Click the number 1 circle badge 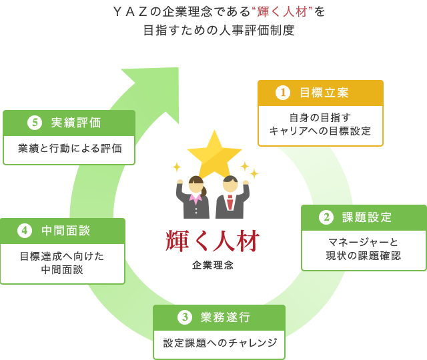click(x=283, y=93)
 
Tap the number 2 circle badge click(x=326, y=217)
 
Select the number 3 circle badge click(x=185, y=317)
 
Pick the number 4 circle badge click(x=25, y=231)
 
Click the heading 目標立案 click(x=324, y=93)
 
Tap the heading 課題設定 click(x=367, y=217)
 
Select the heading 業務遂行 click(x=226, y=317)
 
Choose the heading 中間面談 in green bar click(x=66, y=231)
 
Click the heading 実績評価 click(x=76, y=123)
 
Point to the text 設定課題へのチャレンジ click(x=220, y=343)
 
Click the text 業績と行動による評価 click(x=70, y=149)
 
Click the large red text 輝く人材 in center click(x=213, y=241)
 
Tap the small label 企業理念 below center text click(x=213, y=265)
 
